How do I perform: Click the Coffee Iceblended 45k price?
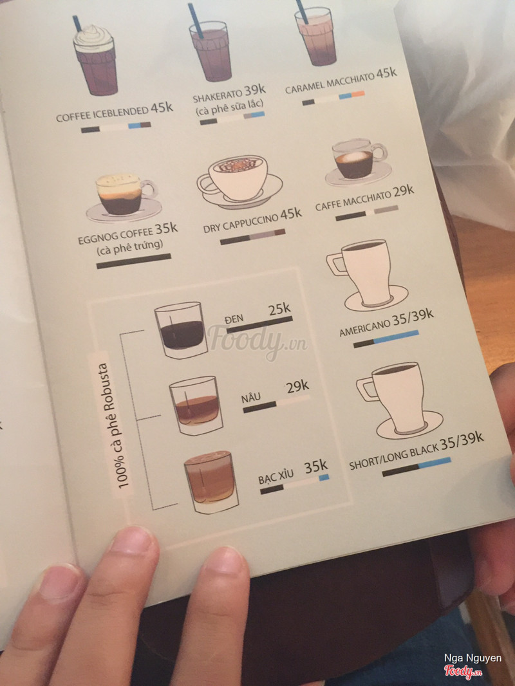pos(162,107)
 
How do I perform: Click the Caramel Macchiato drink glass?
pos(316,37)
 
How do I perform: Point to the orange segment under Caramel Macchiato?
pos(358,94)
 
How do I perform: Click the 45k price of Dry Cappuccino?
pos(291,214)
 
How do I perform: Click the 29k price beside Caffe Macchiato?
pos(404,192)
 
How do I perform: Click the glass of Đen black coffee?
pos(181,329)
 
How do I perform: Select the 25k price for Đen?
pos(279,310)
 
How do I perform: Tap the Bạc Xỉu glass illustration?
pos(212,482)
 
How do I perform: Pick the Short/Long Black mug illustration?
pos(399,400)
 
